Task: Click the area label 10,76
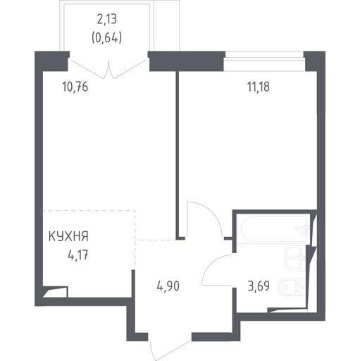click(75, 87)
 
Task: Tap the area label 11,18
click(259, 87)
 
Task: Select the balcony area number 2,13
click(107, 19)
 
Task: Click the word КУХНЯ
click(68, 236)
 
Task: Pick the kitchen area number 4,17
click(78, 255)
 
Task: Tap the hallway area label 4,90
click(168, 286)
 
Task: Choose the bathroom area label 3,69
click(259, 286)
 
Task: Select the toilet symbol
click(292, 287)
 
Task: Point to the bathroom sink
click(295, 257)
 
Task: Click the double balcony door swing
click(108, 70)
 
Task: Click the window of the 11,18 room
click(264, 61)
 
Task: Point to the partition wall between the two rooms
click(178, 155)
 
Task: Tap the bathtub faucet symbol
click(304, 229)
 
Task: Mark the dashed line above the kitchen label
click(89, 211)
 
